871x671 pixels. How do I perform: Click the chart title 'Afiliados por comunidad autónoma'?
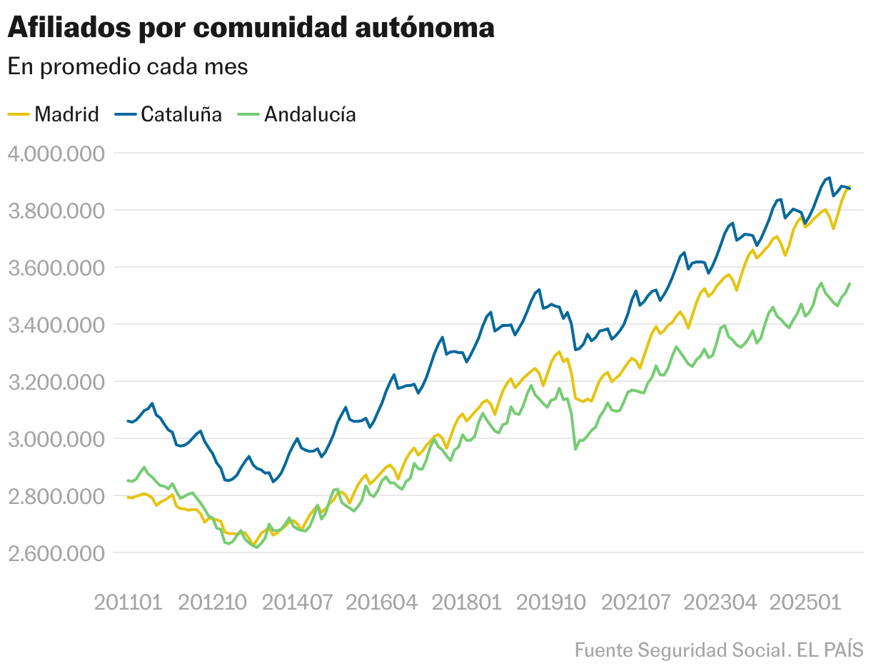251,28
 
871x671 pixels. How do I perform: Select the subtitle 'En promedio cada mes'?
128,66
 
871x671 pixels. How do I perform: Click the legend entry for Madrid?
66,114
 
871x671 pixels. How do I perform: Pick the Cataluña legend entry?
181,114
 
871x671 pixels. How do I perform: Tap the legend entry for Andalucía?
310,114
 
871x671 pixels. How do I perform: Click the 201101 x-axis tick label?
129,602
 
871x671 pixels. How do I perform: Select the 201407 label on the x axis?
297,602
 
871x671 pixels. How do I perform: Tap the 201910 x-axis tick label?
550,602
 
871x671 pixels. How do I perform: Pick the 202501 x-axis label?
804,602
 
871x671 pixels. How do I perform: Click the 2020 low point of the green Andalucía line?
575,449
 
